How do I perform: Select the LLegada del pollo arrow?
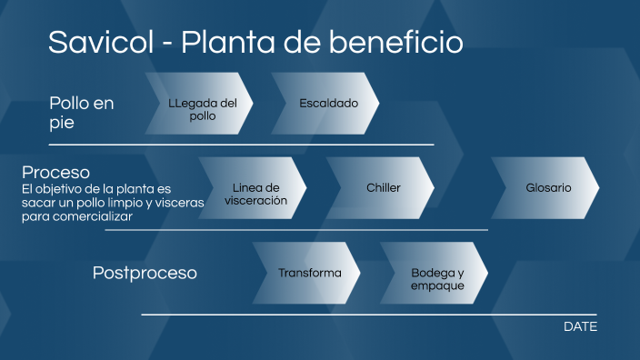coord(201,109)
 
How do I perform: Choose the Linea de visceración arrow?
coord(255,194)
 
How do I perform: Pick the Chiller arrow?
coord(383,188)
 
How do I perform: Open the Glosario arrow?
coord(547,188)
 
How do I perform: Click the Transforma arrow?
coord(309,273)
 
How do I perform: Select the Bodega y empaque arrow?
coord(436,278)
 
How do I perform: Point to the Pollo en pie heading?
coord(82,113)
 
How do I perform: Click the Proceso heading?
coord(55,172)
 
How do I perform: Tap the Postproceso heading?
coord(145,273)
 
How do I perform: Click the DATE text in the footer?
coord(580,326)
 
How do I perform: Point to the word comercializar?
coord(90,216)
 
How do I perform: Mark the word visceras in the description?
coord(175,203)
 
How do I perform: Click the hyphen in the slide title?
coord(165,44)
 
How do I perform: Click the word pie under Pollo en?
coord(61,123)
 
